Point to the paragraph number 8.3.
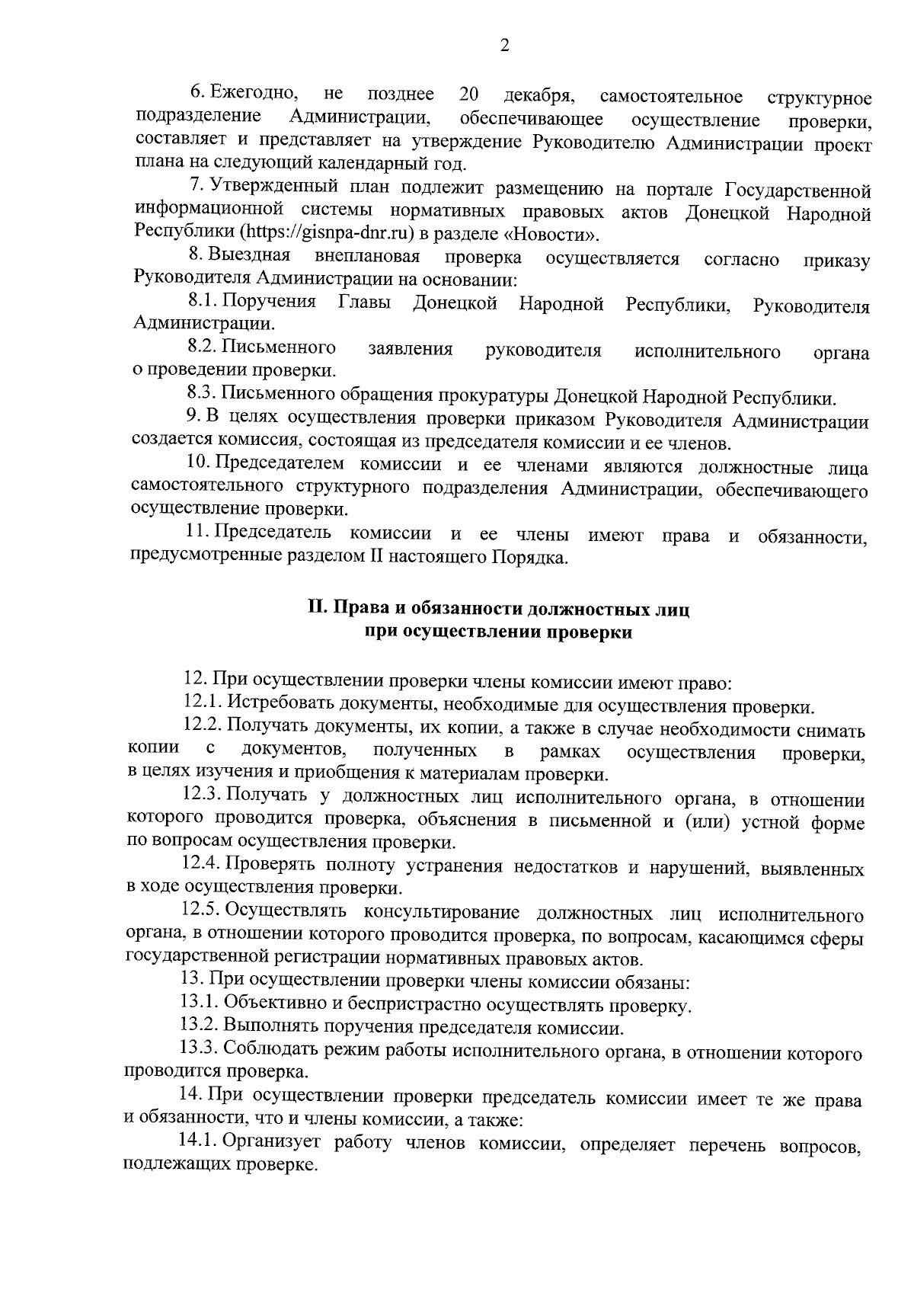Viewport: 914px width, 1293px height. pos(202,396)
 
